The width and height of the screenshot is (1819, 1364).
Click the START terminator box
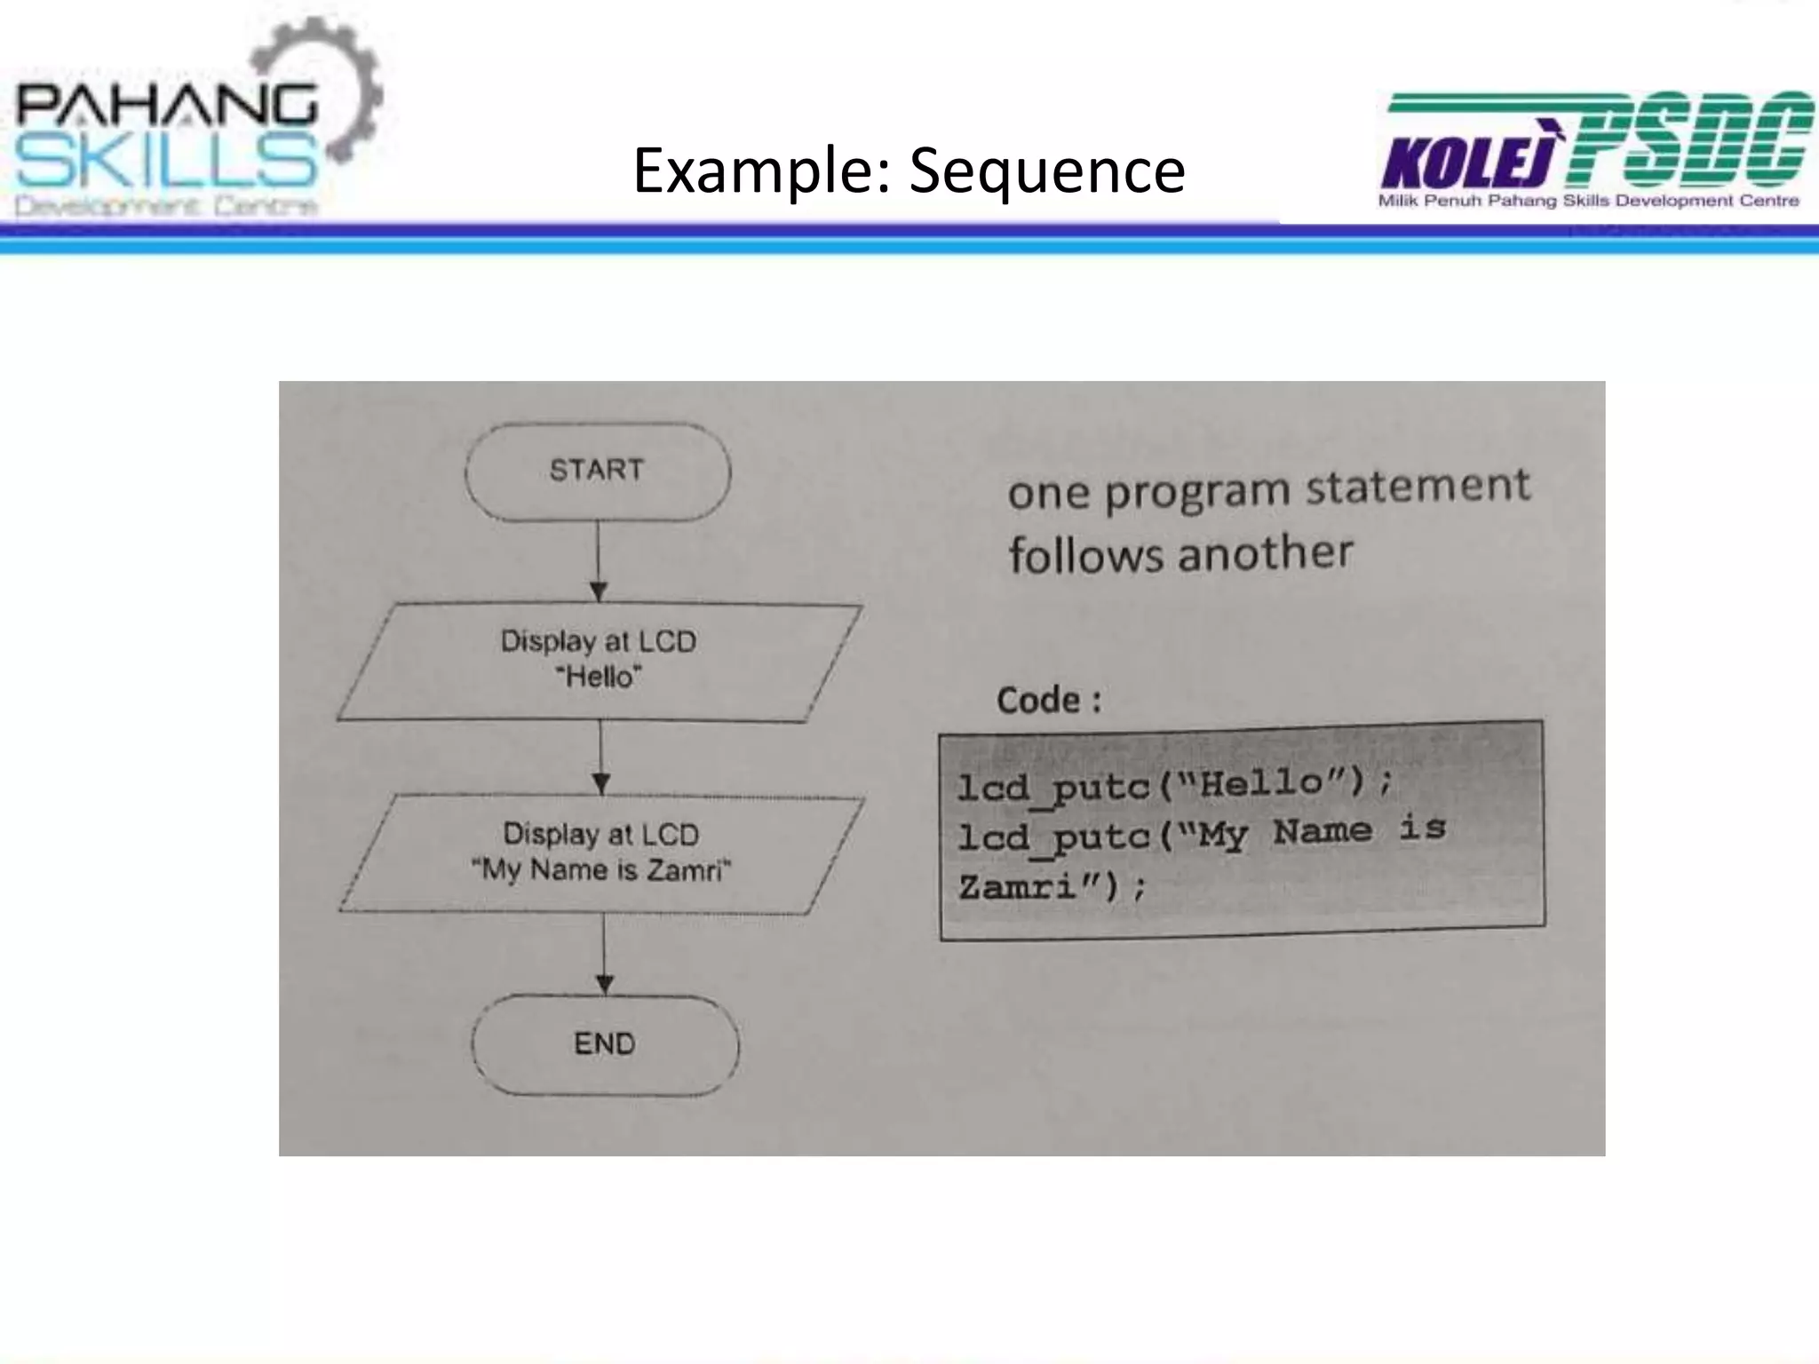click(597, 471)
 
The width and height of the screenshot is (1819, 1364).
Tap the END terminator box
click(605, 1044)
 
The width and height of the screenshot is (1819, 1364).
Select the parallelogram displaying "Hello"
click(599, 661)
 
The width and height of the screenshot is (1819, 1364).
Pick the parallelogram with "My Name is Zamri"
click(601, 853)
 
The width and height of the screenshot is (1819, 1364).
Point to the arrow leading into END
click(604, 954)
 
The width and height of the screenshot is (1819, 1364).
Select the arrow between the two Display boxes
click(601, 757)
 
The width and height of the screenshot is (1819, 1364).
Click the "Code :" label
click(1049, 701)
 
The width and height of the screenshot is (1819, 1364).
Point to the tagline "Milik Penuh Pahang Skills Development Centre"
click(1588, 202)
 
